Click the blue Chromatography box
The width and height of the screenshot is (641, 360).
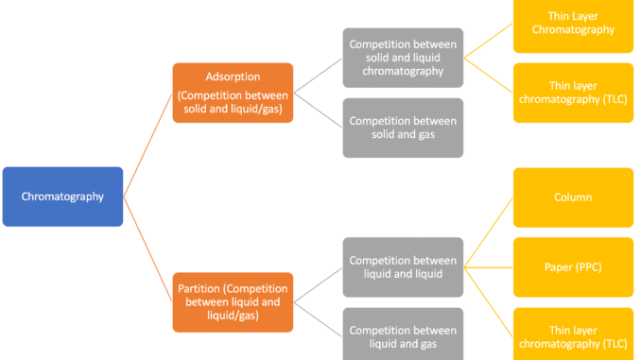62,197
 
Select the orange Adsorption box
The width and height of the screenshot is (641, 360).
233,93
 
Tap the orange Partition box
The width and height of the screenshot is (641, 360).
233,301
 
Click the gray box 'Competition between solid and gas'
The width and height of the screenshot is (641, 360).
403,128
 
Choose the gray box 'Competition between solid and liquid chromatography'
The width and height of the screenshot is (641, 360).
403,58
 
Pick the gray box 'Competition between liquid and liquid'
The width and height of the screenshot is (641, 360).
403,267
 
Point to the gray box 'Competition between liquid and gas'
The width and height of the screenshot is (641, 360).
403,336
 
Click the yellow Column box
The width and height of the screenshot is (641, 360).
573,197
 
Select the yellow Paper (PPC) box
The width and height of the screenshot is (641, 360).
573,267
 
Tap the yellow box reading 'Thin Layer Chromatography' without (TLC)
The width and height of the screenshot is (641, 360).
573,23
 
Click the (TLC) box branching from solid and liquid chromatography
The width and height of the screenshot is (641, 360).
573,93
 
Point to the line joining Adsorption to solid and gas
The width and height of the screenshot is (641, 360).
318,110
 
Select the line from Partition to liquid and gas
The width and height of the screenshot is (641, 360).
318,319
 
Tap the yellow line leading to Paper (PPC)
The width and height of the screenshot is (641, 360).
489,267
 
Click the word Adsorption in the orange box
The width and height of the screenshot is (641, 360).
233,77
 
